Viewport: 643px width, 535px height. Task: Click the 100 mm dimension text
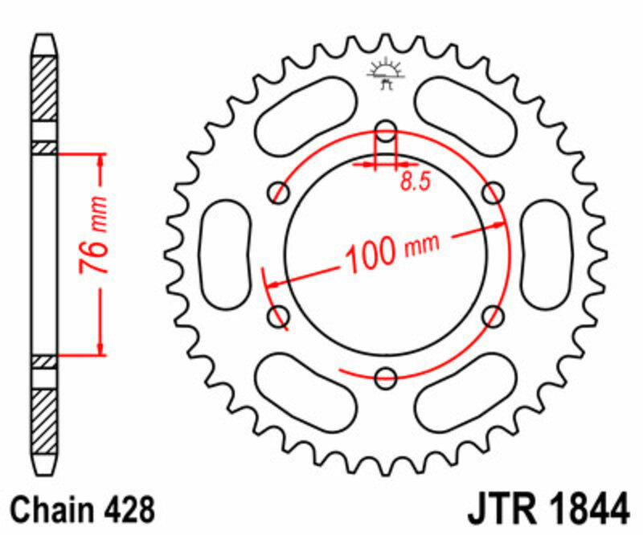[392, 251]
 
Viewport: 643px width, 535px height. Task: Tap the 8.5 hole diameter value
[414, 182]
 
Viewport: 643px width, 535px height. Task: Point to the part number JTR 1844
[547, 509]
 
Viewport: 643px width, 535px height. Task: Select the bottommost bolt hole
[387, 376]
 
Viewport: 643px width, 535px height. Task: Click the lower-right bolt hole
[494, 315]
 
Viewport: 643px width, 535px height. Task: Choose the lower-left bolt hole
[280, 315]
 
